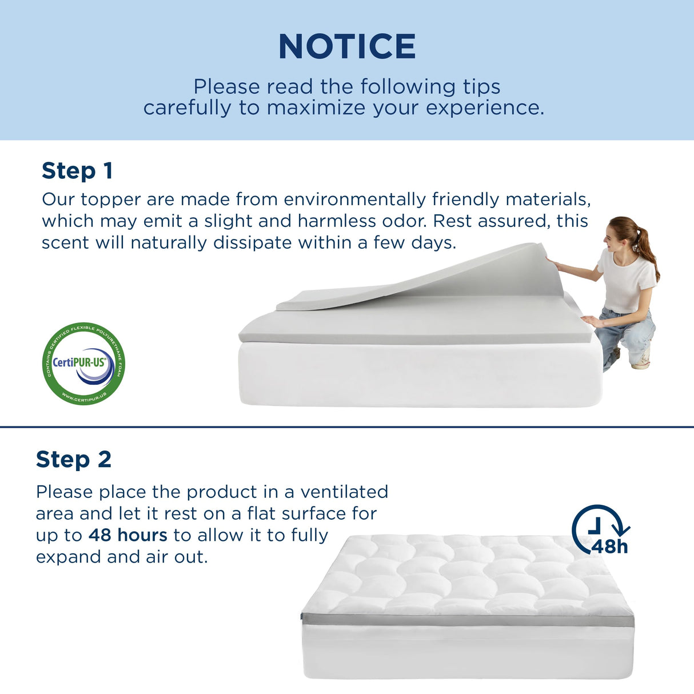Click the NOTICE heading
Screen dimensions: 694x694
click(347, 47)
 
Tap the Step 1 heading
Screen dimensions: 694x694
click(77, 171)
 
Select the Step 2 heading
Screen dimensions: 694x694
click(73, 460)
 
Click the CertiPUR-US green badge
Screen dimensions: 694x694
click(83, 364)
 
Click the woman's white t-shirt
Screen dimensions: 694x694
click(625, 283)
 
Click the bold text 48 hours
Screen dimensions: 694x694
click(128, 535)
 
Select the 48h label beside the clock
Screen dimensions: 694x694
click(609, 547)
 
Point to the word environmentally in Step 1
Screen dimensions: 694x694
click(354, 200)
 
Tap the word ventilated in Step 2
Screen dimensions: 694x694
click(344, 492)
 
